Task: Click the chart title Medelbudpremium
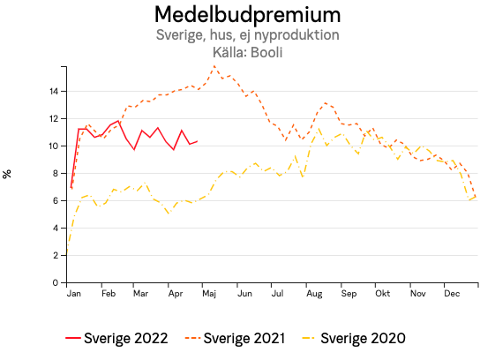point(247,15)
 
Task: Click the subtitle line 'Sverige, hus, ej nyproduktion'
point(247,35)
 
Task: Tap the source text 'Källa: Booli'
point(247,52)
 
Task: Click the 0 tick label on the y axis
point(56,283)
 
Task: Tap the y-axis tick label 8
point(56,173)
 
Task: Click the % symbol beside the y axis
point(8,173)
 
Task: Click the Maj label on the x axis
point(208,293)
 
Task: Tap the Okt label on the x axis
point(382,293)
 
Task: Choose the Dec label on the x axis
point(451,293)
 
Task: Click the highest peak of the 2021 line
point(214,66)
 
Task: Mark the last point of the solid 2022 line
point(197,141)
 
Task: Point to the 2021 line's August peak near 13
point(326,102)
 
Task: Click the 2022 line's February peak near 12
point(117,121)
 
